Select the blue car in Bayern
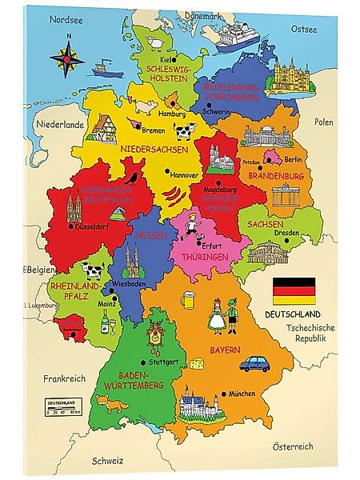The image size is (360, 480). [x=257, y=364]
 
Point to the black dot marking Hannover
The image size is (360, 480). [x=167, y=172]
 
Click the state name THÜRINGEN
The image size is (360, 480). [x=205, y=258]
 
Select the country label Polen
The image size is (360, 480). [x=323, y=122]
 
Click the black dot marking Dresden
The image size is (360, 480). [x=277, y=234]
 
